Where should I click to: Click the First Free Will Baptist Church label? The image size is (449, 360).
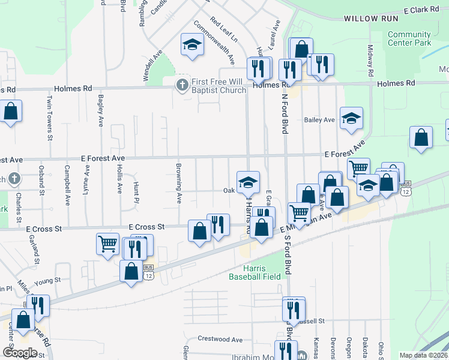point(220,86)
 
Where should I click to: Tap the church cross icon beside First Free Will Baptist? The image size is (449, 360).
point(182,85)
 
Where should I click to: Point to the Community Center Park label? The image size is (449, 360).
point(409,39)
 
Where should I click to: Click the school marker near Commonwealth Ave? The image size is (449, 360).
point(192,46)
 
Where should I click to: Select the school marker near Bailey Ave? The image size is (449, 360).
point(351,118)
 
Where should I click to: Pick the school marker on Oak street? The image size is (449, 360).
point(247,182)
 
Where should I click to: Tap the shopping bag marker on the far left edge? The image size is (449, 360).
point(11,112)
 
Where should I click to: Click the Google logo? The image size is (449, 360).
point(20,353)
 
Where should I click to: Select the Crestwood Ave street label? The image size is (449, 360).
point(220,340)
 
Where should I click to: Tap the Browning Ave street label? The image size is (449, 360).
point(179,183)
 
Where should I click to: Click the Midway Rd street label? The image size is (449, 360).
point(370,60)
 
